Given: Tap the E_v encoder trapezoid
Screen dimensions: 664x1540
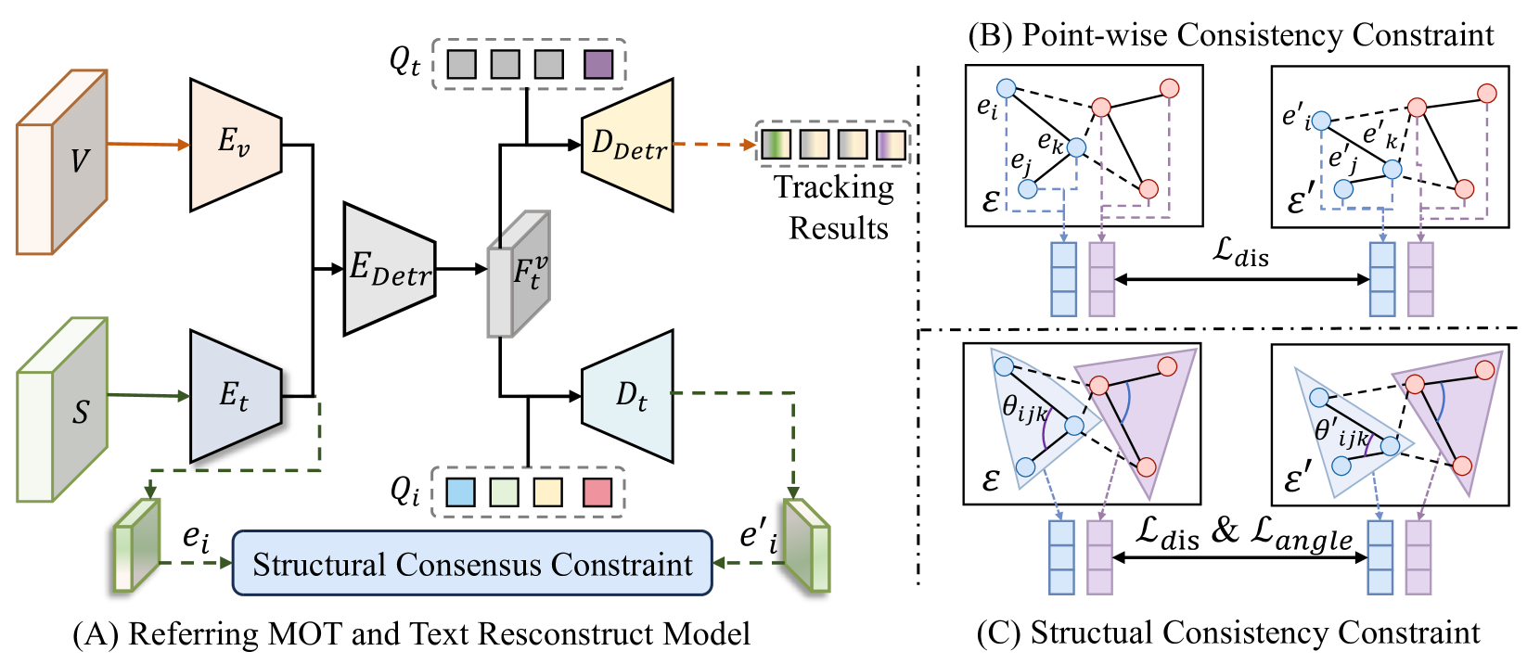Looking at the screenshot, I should pyautogui.click(x=235, y=144).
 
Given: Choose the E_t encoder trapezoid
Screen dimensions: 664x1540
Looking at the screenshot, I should pyautogui.click(x=235, y=396).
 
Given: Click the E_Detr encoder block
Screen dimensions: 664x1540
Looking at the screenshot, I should pyautogui.click(x=389, y=269).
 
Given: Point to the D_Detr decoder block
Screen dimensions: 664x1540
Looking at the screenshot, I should pyautogui.click(x=628, y=144).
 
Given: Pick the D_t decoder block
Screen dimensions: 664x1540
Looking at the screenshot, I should pyautogui.click(x=628, y=396).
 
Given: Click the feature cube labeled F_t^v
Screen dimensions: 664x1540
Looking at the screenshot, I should pyautogui.click(x=520, y=274).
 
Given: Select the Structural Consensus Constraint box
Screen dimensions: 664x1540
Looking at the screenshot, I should pyautogui.click(x=472, y=563).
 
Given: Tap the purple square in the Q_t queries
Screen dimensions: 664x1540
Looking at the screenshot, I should pyautogui.click(x=598, y=64).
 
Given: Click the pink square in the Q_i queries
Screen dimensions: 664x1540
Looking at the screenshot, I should pyautogui.click(x=597, y=492).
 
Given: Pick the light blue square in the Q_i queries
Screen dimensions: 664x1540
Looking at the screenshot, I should pyautogui.click(x=460, y=492).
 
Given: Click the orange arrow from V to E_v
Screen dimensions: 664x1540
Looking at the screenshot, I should pyautogui.click(x=148, y=145).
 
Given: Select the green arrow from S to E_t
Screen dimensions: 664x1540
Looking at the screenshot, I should pyautogui.click(x=148, y=396).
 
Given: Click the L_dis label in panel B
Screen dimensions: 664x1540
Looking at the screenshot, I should pyautogui.click(x=1241, y=251).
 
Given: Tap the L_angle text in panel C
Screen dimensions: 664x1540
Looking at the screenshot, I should pyautogui.click(x=1302, y=533).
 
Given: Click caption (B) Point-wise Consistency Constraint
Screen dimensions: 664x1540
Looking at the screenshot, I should pyautogui.click(x=1230, y=35).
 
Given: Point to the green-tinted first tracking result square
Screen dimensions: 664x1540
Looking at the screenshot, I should pyautogui.click(x=776, y=145).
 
